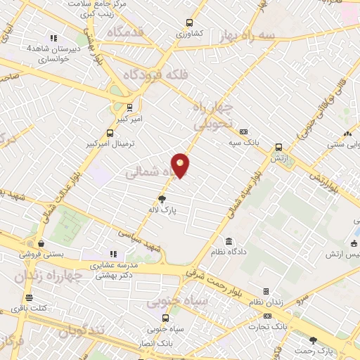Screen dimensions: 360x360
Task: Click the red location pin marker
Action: coord(181,165)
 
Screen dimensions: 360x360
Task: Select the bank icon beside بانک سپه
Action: coord(244,131)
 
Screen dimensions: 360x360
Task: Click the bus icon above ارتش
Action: coord(279,147)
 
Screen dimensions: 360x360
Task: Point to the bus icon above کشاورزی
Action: coord(188,22)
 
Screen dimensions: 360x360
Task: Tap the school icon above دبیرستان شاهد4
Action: coord(53,39)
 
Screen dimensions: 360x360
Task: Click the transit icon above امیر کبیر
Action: coord(129,108)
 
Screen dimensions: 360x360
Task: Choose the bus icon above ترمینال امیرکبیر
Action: coord(109,132)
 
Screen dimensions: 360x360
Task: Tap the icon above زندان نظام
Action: coord(266,291)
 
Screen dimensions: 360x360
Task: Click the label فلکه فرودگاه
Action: coord(153,75)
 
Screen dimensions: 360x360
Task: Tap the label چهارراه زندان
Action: coord(49,276)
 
